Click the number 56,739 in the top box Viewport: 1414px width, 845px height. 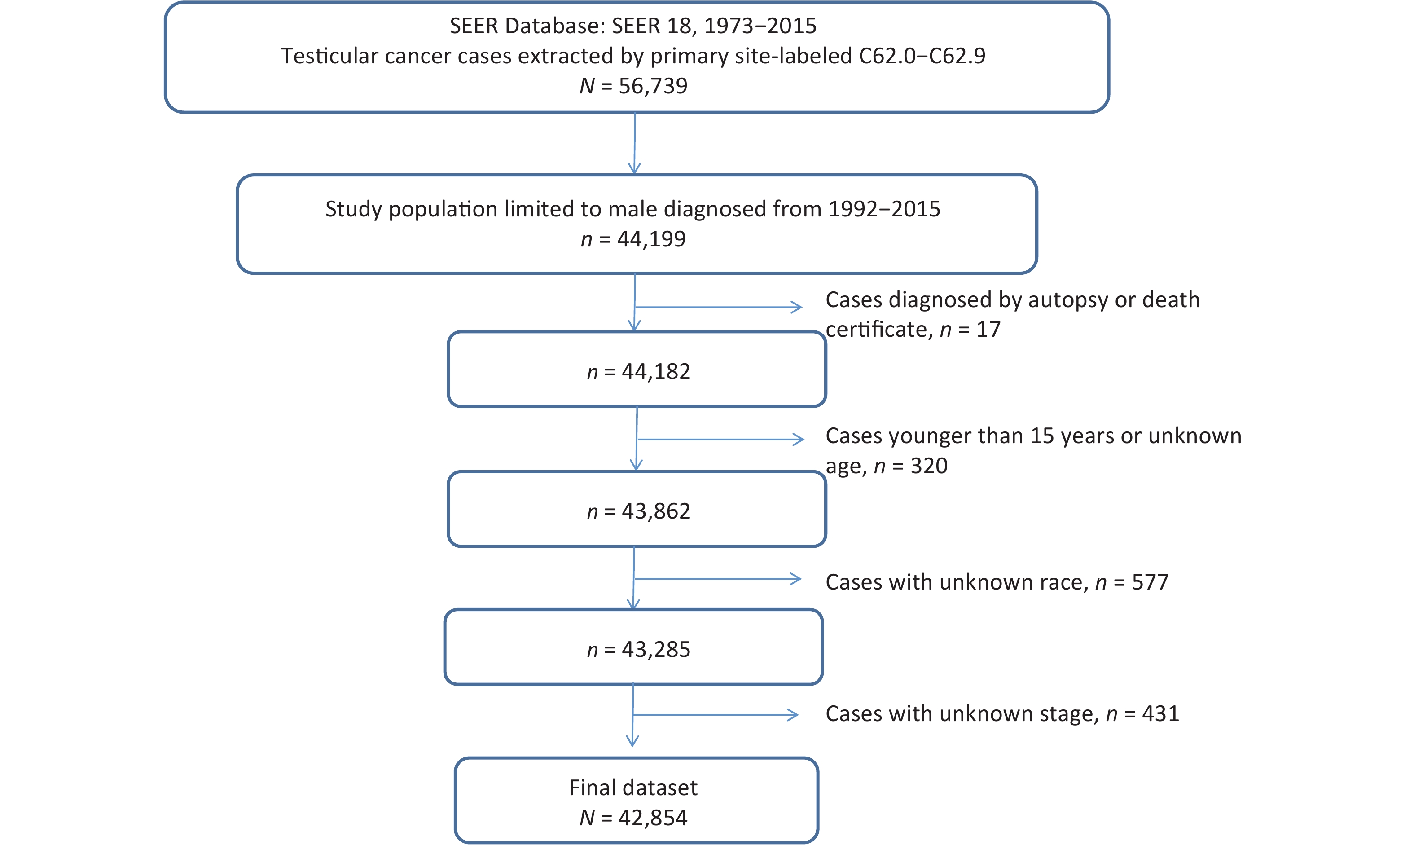click(x=653, y=86)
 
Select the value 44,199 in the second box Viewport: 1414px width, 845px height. click(x=651, y=239)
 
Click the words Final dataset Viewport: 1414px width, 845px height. click(x=633, y=788)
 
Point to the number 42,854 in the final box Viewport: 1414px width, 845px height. click(x=653, y=818)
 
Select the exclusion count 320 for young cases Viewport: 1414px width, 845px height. click(x=929, y=466)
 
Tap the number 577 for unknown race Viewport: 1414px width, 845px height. click(x=1150, y=582)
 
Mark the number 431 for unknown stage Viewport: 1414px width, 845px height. click(x=1161, y=713)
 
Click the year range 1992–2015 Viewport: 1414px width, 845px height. click(x=884, y=209)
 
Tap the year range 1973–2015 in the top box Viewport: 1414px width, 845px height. click(x=760, y=26)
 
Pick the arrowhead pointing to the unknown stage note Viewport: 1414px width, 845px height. click(x=792, y=715)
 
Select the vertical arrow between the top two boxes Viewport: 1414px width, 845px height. click(x=635, y=143)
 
